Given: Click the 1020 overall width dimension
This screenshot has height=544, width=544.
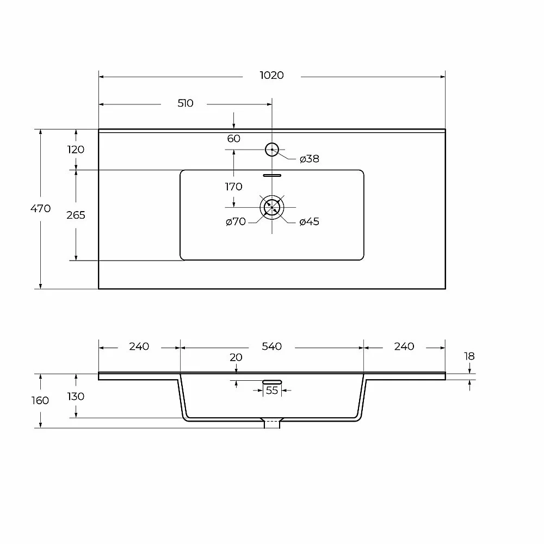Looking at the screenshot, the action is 271,75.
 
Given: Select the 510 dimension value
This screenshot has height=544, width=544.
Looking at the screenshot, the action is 186,103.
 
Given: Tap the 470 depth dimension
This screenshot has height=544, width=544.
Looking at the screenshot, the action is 41,208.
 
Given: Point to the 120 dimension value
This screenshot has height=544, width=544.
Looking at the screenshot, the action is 76,150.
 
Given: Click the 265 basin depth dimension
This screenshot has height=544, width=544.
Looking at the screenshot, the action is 76,215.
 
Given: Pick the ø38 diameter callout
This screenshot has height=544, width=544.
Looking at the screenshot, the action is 309,159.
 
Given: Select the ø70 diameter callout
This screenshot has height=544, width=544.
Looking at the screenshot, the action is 236,221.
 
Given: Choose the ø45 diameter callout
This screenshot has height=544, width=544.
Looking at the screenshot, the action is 309,222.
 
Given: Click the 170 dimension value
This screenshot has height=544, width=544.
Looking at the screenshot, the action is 233,187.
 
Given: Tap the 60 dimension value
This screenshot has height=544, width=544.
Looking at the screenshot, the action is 233,138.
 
